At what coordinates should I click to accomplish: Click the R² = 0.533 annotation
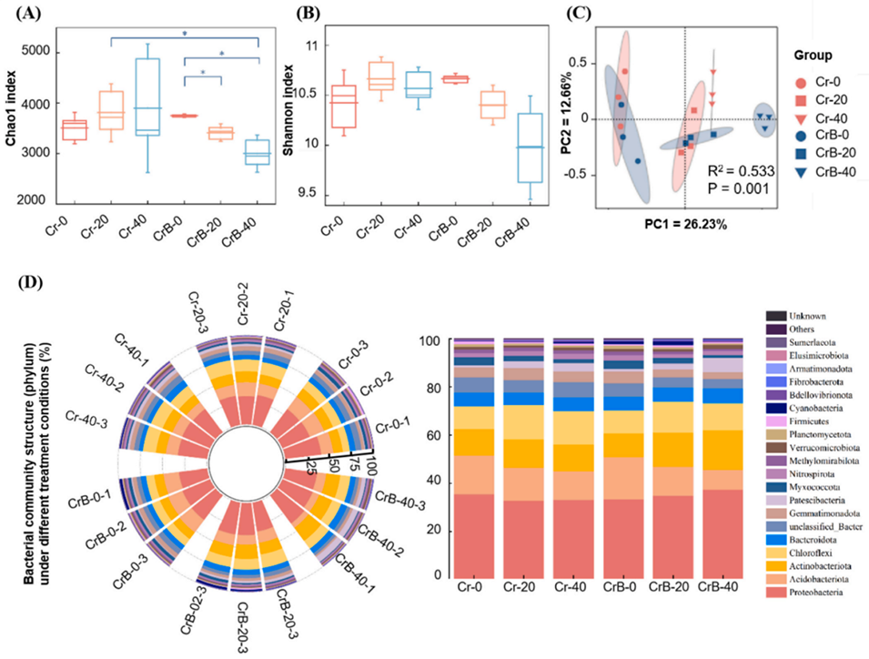[x=738, y=168]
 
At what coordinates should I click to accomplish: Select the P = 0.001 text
[x=738, y=188]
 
